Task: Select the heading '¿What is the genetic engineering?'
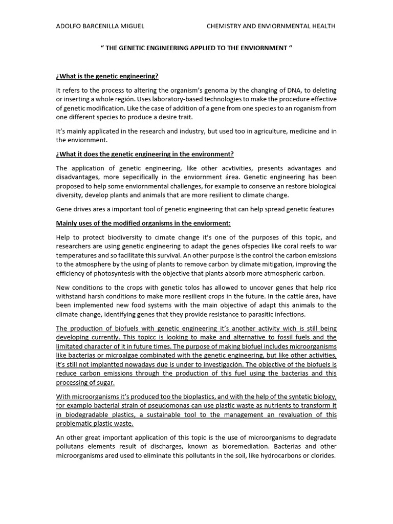pyautogui.click(x=107, y=76)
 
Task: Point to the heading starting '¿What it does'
pyautogui.click(x=145, y=154)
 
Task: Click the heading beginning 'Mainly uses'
pyautogui.click(x=143, y=223)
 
